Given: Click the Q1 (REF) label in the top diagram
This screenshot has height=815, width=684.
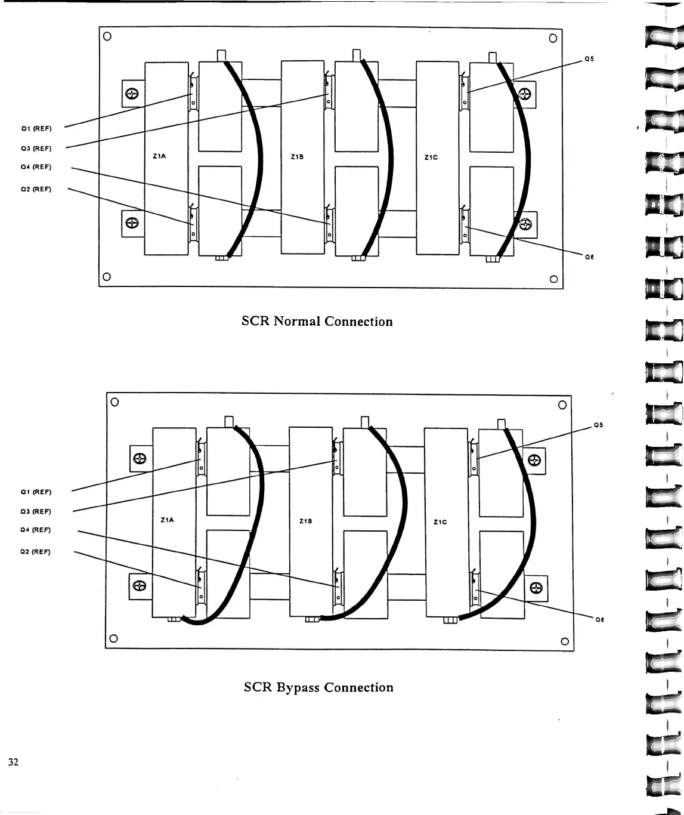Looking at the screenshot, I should coord(36,128).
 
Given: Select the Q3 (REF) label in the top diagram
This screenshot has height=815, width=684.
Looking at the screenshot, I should coord(36,149).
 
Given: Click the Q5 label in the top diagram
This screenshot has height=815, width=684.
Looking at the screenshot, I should coord(589,59).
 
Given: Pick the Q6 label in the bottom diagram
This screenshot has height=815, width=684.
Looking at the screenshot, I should coord(599,620).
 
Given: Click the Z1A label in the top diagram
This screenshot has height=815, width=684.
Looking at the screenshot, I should coord(159,157).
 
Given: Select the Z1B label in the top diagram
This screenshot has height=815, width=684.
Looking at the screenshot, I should coord(297,158).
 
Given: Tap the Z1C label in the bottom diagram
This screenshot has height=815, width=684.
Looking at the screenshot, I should coord(440,522).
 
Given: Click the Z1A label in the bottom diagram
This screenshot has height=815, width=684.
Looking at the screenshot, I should coord(168,520).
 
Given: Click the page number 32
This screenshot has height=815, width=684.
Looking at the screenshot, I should coord(13,762).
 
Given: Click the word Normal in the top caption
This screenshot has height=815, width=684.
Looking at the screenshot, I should coord(297,322).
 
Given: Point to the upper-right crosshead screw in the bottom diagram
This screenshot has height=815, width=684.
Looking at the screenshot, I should coord(534,460).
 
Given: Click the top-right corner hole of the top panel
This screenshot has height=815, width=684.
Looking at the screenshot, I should coord(553,38).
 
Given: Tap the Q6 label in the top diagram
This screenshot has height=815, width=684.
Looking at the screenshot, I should coord(589,257).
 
